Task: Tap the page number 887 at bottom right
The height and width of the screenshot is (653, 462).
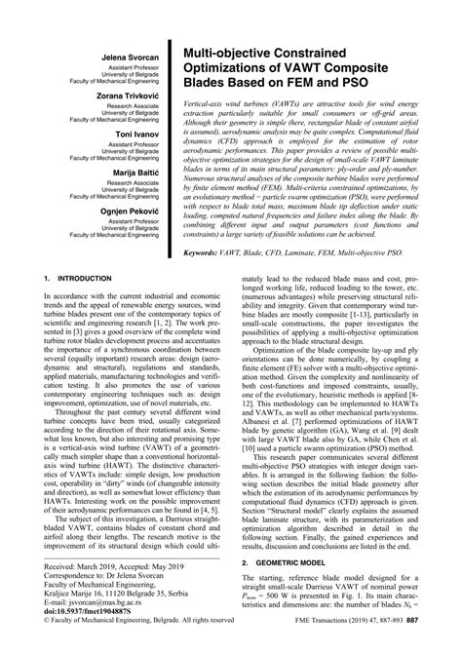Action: (439, 644)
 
